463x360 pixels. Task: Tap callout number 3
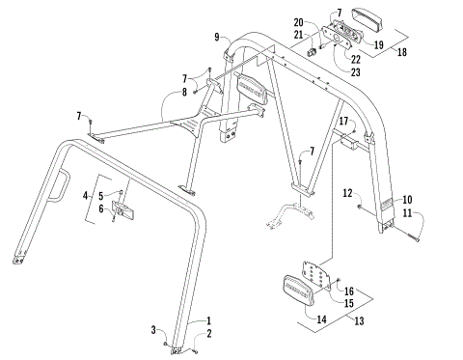151,330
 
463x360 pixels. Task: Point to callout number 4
87,197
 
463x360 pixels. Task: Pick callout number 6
101,208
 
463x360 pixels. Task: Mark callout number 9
219,37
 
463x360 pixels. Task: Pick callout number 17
341,121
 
